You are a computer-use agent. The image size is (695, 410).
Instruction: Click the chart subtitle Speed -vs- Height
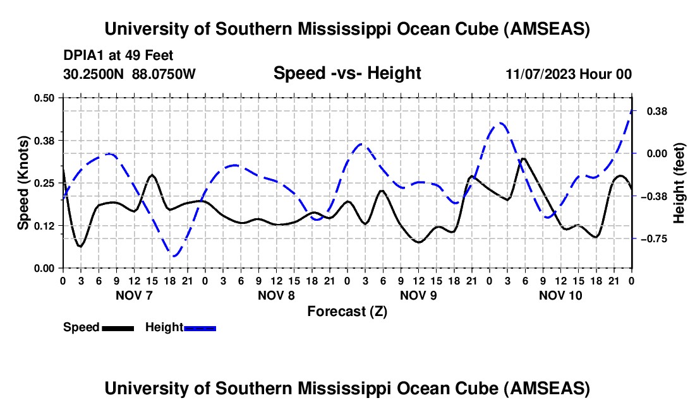[x=347, y=73]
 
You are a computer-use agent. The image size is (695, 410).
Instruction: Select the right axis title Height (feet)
[x=679, y=182]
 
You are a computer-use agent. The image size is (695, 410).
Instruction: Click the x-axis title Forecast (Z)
[x=347, y=311]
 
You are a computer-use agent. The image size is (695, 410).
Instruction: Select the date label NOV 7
[x=133, y=295]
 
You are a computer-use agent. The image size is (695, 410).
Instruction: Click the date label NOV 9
[x=418, y=295]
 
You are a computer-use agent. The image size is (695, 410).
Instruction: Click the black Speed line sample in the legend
[x=118, y=328]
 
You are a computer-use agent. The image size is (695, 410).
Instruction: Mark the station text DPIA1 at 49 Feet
[x=118, y=56]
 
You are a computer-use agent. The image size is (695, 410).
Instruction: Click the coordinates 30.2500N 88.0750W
[x=130, y=74]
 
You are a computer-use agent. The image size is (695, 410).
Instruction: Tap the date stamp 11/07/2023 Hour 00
[x=569, y=74]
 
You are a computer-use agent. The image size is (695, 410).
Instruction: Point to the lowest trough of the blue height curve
[x=175, y=255]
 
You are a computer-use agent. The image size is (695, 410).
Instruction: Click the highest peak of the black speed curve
[x=522, y=158]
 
